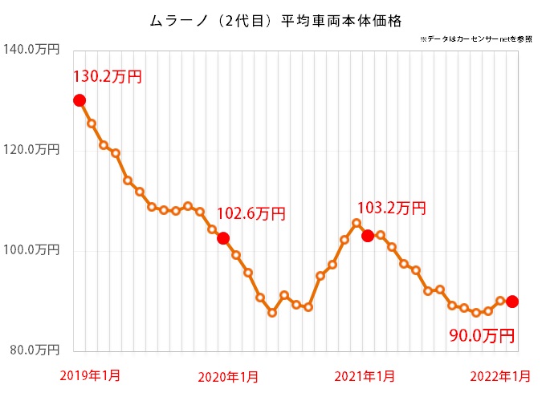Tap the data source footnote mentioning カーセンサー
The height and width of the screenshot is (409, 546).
coord(475,39)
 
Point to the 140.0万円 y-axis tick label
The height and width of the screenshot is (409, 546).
coord(32,50)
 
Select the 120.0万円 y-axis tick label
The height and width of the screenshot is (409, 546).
coord(32,150)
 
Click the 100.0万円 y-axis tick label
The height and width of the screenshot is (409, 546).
coord(32,250)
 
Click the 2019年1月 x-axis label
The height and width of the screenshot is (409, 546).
coord(90,375)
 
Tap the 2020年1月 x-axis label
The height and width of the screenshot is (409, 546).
coord(228,376)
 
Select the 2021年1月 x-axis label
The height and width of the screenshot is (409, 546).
coord(365,376)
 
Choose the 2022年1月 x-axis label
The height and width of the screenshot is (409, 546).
coord(500,376)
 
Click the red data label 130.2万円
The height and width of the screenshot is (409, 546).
coord(108,77)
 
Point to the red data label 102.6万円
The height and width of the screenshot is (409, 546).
coord(251,214)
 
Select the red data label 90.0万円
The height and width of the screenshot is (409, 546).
coord(481,333)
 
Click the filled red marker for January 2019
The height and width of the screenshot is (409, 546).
coord(79,100)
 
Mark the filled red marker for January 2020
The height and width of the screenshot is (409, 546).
coord(223,238)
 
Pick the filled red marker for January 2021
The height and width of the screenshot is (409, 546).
coord(368,236)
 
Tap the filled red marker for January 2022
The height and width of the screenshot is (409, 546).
coord(511,302)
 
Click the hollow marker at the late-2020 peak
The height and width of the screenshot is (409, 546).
coord(357,223)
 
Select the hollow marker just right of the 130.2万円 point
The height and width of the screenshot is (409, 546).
coord(92,124)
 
